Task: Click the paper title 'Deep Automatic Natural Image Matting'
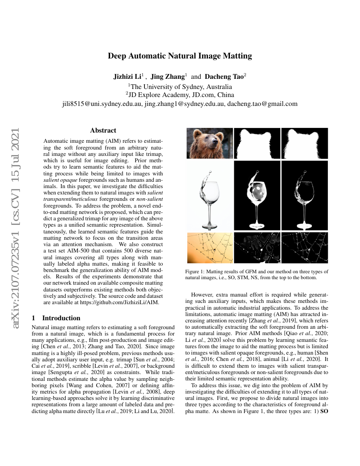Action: pos(180,56)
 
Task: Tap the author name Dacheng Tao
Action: pos(224,77)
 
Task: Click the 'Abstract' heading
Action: pos(103,130)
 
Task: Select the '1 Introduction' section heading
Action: pos(56,318)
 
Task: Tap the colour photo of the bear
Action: pos(210,143)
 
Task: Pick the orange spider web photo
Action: pos(210,247)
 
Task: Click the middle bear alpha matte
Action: pos(257,143)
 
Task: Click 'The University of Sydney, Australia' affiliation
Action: pos(180,86)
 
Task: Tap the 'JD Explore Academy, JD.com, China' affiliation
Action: pos(180,95)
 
